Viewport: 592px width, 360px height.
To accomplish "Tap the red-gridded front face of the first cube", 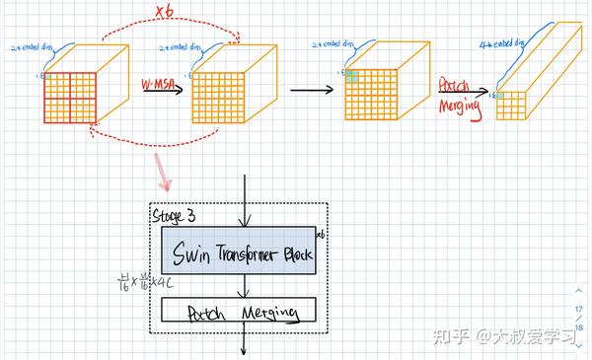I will (x=68, y=99).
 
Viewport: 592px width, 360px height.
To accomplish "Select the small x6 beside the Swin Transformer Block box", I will (x=323, y=234).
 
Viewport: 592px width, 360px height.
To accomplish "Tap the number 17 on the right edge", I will (x=578, y=309).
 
